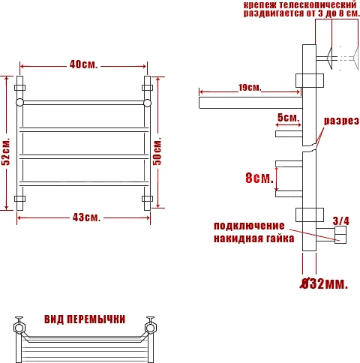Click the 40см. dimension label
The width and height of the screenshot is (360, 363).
83,64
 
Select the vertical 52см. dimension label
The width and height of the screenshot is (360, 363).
7,152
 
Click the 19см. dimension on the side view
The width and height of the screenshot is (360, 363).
250,88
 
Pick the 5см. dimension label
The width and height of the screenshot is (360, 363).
288,118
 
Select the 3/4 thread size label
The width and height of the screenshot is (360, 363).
340,220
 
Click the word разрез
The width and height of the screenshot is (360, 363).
341,121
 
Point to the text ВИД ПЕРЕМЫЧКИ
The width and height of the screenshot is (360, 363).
84,319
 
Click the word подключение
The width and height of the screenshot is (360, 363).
249,226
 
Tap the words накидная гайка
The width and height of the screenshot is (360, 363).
249,238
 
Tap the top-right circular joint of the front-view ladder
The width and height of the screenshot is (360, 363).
148,101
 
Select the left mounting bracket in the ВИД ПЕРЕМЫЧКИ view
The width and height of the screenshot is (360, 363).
18,327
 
